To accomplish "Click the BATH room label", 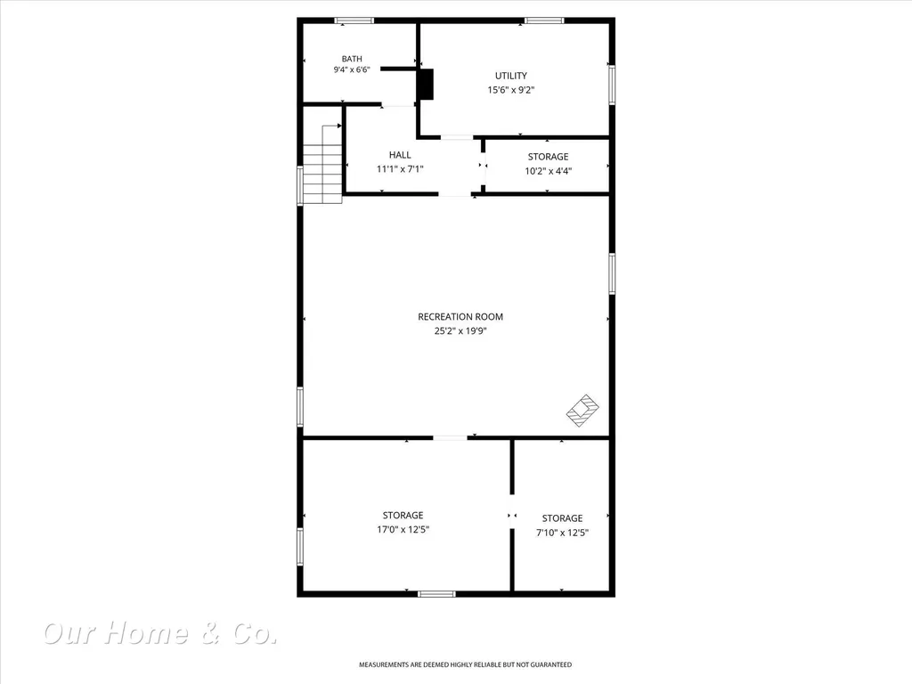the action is [352, 59].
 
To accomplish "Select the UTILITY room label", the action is [511, 76].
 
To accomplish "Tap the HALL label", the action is [400, 155].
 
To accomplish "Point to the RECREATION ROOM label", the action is [460, 316].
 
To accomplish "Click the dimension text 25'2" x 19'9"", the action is [460, 331].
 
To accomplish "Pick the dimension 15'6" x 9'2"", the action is [511, 90].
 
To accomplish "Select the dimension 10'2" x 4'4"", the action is [549, 171].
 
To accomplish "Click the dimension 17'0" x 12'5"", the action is [403, 529].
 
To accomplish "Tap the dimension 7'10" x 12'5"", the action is [563, 533].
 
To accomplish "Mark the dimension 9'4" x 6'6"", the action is [352, 69].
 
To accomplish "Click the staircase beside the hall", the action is [322, 164].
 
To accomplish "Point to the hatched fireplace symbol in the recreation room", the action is [582, 411].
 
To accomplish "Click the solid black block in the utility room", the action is [427, 85].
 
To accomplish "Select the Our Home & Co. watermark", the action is [160, 633].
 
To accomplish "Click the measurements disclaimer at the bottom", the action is [465, 664].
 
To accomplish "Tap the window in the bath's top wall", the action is [354, 20].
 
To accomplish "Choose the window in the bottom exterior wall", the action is [436, 594].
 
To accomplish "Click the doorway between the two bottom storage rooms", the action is [512, 516].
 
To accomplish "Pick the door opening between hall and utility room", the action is [457, 137].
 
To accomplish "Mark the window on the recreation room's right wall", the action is [612, 273].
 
